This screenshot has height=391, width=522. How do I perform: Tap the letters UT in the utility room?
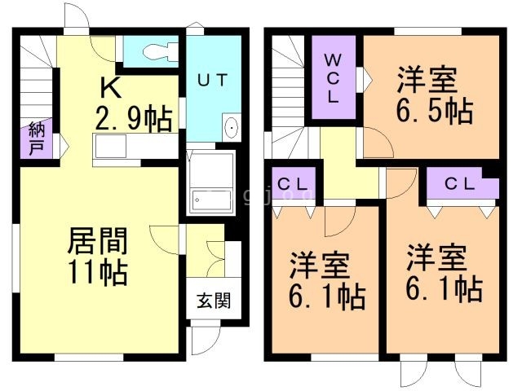[x=213, y=80]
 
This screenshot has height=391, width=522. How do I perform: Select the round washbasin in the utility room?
[x=231, y=129]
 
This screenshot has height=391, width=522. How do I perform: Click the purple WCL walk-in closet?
[x=334, y=78]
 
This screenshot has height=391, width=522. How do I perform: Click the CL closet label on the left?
[x=293, y=184]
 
